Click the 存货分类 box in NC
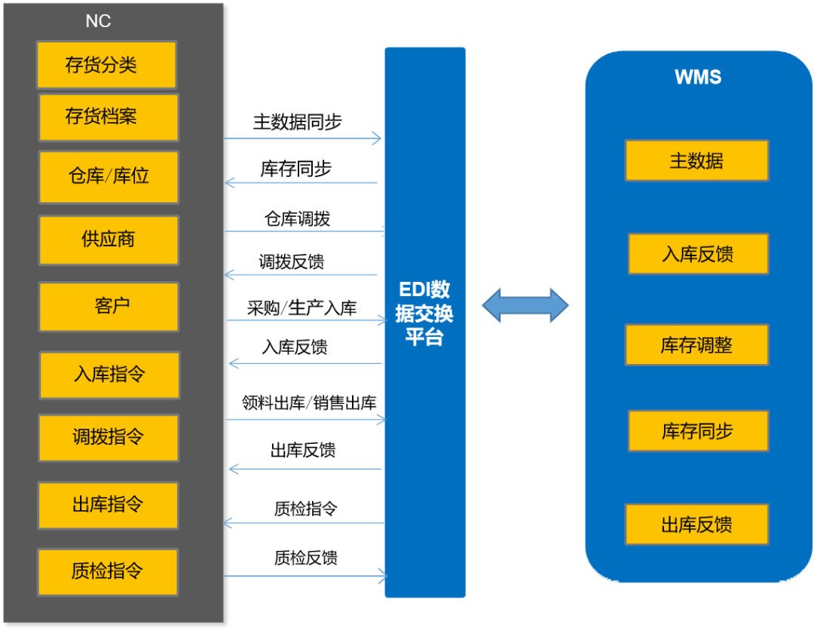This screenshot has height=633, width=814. (x=106, y=65)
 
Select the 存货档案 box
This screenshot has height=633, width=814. (x=109, y=117)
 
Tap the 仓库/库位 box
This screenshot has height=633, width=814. (x=109, y=176)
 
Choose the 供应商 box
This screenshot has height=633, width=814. (x=109, y=240)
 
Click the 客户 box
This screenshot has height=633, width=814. (x=109, y=306)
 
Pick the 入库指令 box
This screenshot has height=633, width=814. (x=109, y=375)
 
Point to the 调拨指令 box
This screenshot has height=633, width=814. (x=109, y=437)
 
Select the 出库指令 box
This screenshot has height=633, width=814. (x=109, y=505)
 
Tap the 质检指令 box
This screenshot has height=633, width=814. (x=107, y=571)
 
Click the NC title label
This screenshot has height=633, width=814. (x=98, y=21)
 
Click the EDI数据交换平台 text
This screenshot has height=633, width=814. (x=424, y=313)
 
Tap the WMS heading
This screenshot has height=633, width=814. (x=698, y=77)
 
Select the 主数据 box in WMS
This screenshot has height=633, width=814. (x=696, y=161)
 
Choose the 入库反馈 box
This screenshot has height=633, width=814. (x=698, y=254)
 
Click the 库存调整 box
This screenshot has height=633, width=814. (x=696, y=345)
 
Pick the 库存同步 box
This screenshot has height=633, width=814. (x=698, y=431)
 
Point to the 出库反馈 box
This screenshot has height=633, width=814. (x=696, y=524)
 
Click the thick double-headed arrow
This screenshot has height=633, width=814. (x=525, y=305)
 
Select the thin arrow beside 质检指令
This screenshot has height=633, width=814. (x=305, y=577)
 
